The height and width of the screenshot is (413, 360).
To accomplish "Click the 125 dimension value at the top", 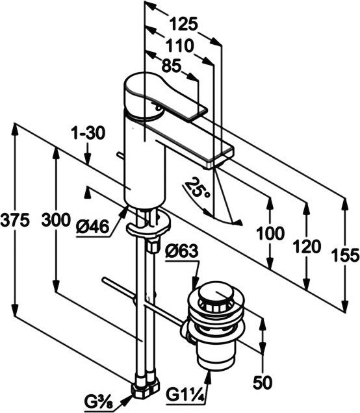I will pos(184,25).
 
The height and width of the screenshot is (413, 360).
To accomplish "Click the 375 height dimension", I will pos(15,221).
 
